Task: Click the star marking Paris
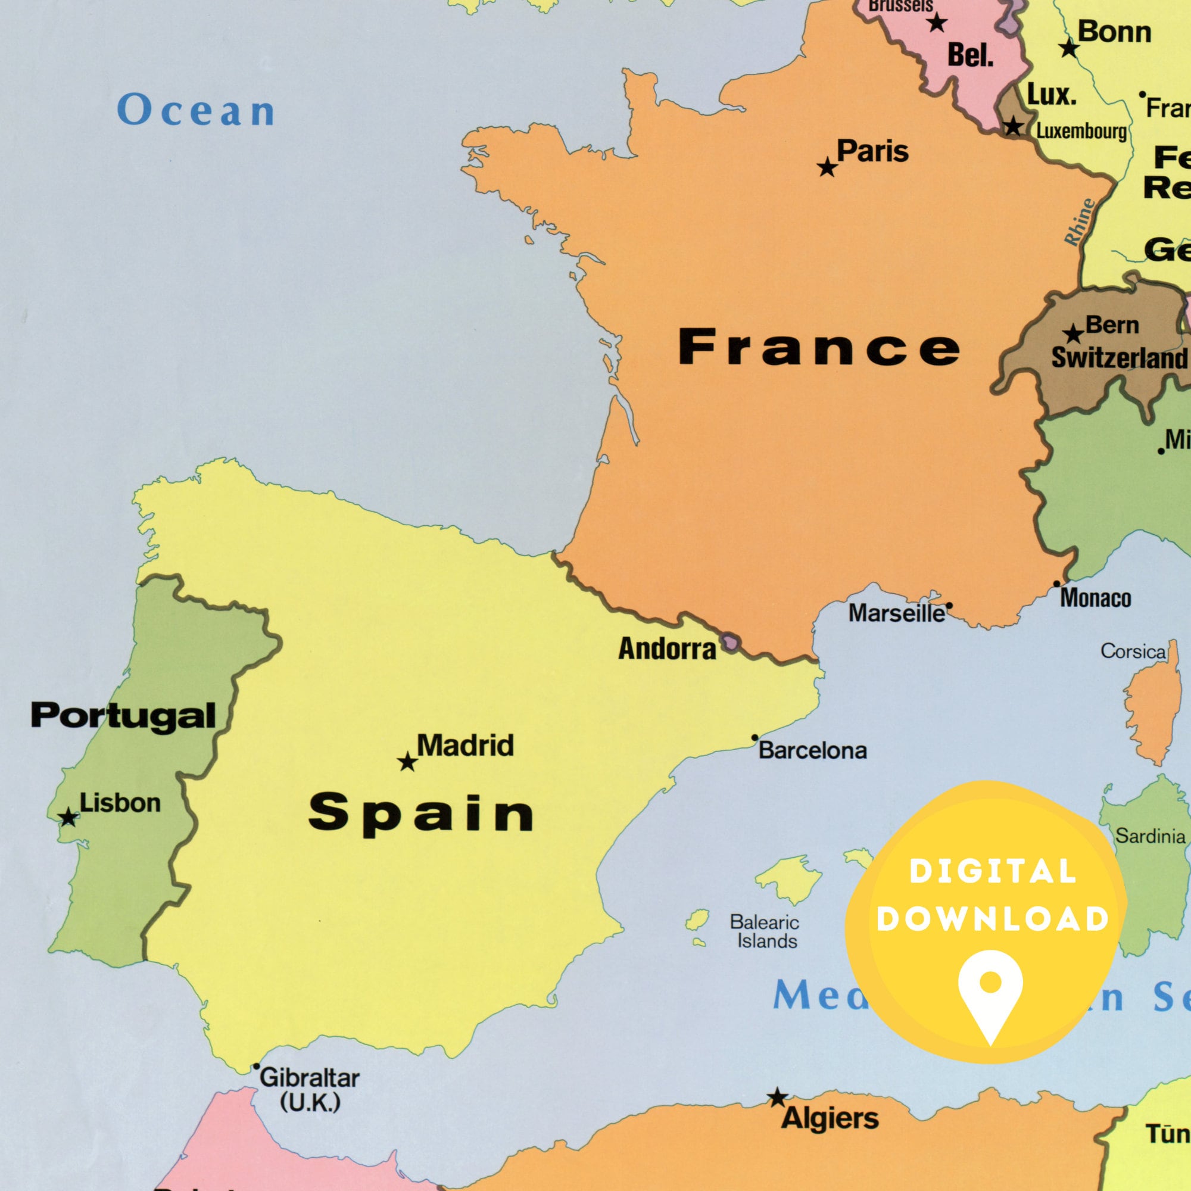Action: [827, 167]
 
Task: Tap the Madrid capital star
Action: [407, 762]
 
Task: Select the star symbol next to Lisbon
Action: [68, 818]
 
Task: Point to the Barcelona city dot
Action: [754, 738]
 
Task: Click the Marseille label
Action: [896, 613]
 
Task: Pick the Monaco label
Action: [1096, 598]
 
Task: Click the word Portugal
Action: [123, 715]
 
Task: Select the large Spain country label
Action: [421, 814]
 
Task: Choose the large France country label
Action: [819, 347]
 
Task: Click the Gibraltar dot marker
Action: [257, 1067]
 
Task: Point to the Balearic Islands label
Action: [765, 931]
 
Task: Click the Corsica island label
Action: [1133, 651]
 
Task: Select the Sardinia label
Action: [1151, 837]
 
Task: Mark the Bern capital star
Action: [1073, 333]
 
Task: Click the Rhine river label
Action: [1080, 223]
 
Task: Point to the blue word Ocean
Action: [196, 111]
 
